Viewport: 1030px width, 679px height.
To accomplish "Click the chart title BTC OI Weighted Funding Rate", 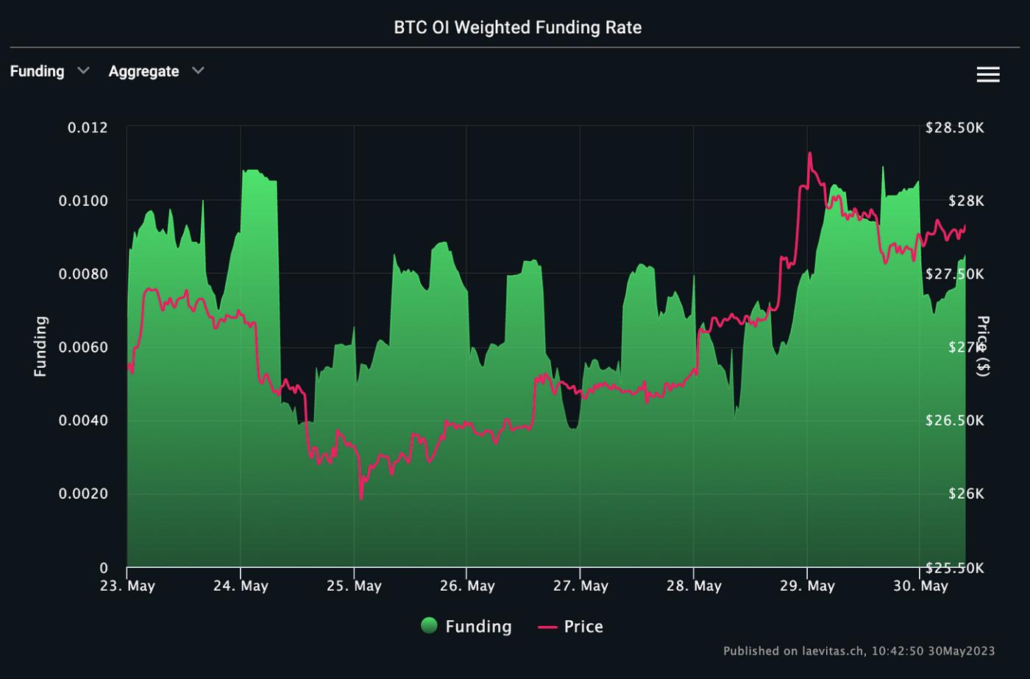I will click(517, 28).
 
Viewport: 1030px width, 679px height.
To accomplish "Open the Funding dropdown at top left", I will click(49, 71).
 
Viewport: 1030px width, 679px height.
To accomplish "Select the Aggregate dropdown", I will click(156, 71).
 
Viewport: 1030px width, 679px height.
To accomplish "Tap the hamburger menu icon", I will click(987, 74).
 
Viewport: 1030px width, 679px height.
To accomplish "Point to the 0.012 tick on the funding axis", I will click(88, 128).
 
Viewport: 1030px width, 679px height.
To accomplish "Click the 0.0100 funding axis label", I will click(83, 201).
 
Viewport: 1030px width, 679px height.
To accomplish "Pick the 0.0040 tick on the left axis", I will click(83, 421).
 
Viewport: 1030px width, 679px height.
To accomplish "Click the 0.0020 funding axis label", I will click(83, 494).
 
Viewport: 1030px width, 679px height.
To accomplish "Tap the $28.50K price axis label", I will click(954, 128).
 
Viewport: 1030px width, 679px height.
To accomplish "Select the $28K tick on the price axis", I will click(966, 201).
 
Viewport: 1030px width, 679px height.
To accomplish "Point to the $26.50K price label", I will click(954, 421).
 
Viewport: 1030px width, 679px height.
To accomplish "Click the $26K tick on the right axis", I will click(966, 494).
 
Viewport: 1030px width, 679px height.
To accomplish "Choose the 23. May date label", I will click(127, 586).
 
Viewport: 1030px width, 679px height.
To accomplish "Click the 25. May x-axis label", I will click(354, 586).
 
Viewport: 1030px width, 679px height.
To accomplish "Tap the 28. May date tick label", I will click(694, 586).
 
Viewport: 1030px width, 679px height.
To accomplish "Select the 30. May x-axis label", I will click(920, 586).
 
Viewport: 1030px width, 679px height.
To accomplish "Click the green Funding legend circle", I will click(429, 626).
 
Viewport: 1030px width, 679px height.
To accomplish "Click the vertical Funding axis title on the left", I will click(40, 346).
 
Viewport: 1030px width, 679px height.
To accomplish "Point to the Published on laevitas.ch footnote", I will click(859, 651).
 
